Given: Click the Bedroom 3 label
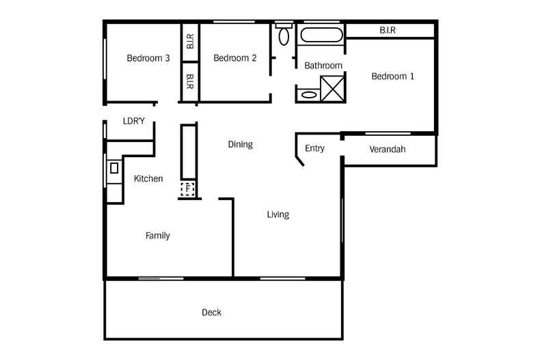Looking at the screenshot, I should click(x=148, y=58).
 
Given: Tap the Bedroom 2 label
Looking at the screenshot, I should click(x=234, y=58).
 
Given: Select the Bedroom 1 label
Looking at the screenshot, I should click(x=392, y=77).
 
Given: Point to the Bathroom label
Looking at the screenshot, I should click(x=323, y=66).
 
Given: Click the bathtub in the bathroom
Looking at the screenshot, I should click(x=320, y=36).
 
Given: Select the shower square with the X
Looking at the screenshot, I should click(x=333, y=88).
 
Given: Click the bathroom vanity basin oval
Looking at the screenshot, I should click(x=309, y=96).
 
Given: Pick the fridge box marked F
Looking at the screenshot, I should click(x=187, y=189).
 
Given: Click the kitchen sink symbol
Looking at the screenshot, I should click(x=114, y=167).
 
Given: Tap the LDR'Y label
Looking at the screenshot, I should click(x=134, y=121).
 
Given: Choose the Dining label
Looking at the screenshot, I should click(x=240, y=144).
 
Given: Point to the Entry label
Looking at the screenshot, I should click(x=314, y=148).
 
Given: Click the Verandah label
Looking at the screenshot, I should click(x=387, y=149).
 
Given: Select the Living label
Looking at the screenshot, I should click(x=278, y=214).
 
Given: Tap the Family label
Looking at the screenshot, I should click(x=157, y=236).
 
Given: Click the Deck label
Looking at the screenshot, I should click(x=211, y=313).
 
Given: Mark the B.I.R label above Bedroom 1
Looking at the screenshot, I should click(x=388, y=30).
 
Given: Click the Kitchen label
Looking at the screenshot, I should click(x=148, y=179).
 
